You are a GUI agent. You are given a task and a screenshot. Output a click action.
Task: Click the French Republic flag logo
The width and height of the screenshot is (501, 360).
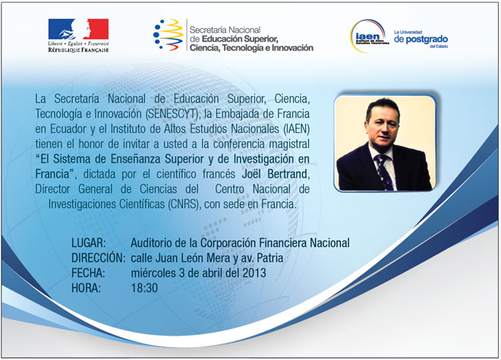[x=78, y=29]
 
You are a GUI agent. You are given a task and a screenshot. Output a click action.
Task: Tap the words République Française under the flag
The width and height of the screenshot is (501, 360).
[x=78, y=50]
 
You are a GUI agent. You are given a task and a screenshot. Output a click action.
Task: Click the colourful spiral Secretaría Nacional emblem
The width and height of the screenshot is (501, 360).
[x=168, y=35]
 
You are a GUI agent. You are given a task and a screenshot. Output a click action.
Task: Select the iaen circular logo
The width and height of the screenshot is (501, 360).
[x=369, y=36]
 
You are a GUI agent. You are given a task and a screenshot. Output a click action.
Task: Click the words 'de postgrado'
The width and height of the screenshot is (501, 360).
[x=421, y=39]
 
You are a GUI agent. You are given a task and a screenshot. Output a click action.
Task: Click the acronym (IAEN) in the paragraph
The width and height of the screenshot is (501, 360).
[x=297, y=129]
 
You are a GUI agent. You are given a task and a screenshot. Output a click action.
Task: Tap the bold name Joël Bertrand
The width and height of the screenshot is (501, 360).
[x=275, y=174]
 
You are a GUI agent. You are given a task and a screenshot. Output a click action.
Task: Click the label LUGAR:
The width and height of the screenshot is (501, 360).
[x=89, y=243]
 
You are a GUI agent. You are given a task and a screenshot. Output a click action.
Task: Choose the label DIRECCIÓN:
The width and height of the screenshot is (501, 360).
[x=98, y=257]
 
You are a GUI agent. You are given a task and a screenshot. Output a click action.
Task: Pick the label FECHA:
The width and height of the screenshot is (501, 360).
[x=88, y=273]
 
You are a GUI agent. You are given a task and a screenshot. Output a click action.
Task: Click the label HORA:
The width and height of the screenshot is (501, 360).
[x=86, y=288]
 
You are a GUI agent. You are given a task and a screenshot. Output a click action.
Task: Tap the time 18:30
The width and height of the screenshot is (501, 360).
[x=144, y=288]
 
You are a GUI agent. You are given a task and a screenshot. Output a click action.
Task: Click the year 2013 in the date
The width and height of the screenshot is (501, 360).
[x=254, y=273]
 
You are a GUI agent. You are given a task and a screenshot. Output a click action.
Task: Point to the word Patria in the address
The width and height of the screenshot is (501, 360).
[x=270, y=257]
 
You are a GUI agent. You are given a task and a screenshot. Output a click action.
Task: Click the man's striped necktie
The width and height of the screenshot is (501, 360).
[x=384, y=172]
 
